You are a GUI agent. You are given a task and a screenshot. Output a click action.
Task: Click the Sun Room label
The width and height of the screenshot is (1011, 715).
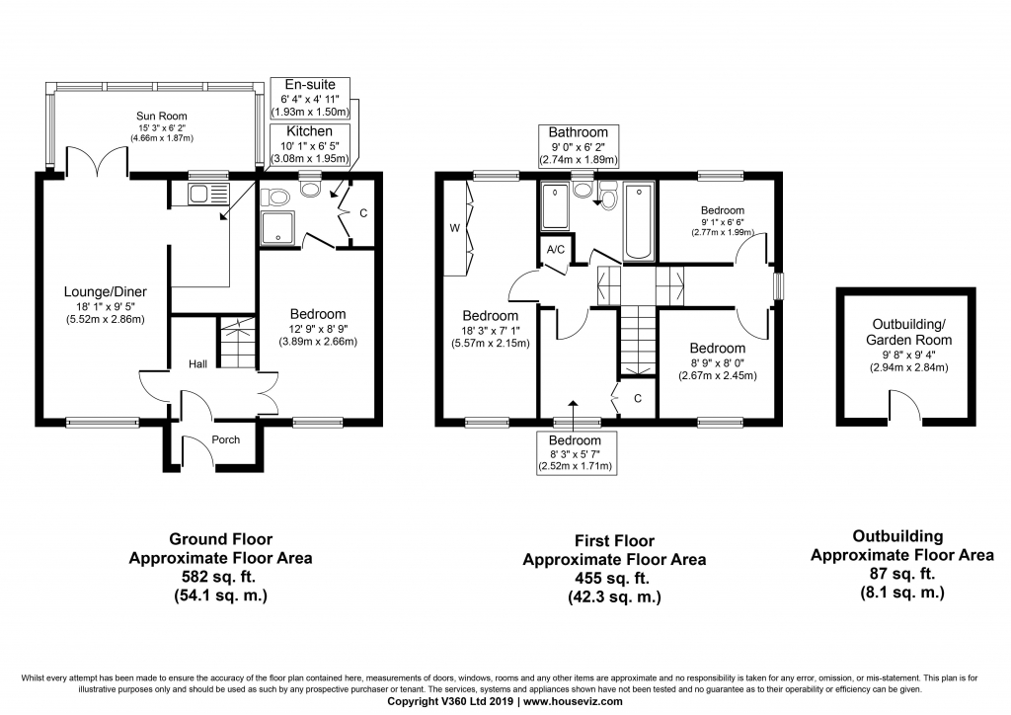point(161,117)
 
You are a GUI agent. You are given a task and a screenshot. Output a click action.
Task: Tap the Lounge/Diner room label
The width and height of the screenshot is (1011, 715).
point(105,291)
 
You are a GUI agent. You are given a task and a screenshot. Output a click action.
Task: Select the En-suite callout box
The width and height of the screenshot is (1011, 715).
point(310,98)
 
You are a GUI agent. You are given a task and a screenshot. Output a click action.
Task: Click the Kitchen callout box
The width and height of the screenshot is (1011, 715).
point(309,144)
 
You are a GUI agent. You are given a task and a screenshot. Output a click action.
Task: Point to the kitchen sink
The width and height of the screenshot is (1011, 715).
point(208,195)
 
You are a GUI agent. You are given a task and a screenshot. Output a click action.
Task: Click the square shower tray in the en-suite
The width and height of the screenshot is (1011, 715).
point(277,227)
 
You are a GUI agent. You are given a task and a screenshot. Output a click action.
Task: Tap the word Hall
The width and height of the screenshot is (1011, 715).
point(197,364)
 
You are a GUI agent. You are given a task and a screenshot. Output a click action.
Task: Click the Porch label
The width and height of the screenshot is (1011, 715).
point(226,439)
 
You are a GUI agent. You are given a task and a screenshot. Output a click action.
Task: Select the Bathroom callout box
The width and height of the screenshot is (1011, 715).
point(579,146)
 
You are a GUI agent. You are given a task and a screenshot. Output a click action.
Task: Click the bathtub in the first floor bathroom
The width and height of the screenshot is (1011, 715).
point(639,221)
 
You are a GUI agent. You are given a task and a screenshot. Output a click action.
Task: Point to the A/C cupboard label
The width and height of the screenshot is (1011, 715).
point(556,249)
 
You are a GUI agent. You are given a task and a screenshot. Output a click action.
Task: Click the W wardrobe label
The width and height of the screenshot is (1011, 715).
point(454,228)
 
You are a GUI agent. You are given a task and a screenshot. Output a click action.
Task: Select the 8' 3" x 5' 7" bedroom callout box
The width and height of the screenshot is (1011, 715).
point(575,452)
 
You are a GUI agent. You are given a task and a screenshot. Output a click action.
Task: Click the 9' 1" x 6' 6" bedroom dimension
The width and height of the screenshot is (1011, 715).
point(722,222)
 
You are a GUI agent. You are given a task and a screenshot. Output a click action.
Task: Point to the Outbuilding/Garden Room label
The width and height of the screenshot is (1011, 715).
point(909,332)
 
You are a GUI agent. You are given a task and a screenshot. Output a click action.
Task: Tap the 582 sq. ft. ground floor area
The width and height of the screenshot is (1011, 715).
point(220,577)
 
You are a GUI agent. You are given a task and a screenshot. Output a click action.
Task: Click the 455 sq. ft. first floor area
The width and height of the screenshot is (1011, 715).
point(614,579)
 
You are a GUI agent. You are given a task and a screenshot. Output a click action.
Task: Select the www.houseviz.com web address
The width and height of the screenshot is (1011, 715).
point(573,701)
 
